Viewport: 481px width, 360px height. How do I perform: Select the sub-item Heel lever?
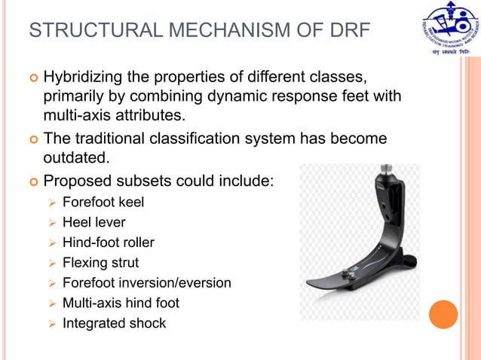pyautogui.click(x=94, y=222)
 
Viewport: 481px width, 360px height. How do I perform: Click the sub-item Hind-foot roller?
pyautogui.click(x=108, y=243)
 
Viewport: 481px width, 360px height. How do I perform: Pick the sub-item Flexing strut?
pyautogui.click(x=100, y=263)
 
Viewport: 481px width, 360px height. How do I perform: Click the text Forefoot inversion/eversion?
pyautogui.click(x=146, y=283)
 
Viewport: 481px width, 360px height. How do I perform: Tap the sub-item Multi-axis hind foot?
pyautogui.click(x=121, y=304)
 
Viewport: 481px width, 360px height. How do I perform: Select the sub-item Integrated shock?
pyautogui.click(x=114, y=324)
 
